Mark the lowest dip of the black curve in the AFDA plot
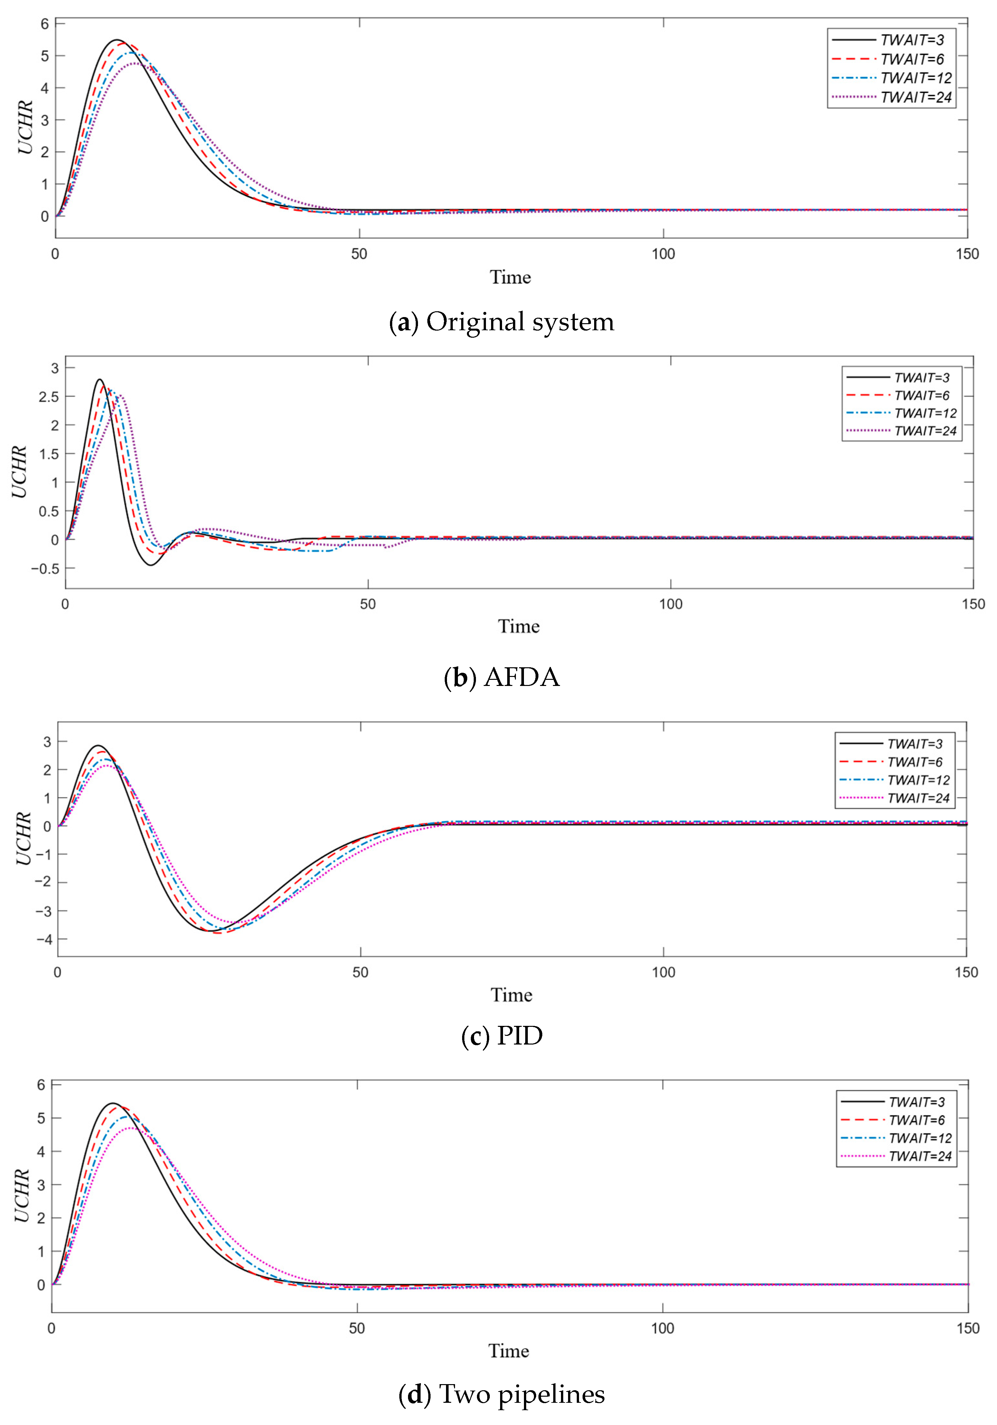pyautogui.click(x=150, y=565)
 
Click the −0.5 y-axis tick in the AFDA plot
pyautogui.click(x=45, y=568)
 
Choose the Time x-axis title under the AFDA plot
pyautogui.click(x=518, y=626)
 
